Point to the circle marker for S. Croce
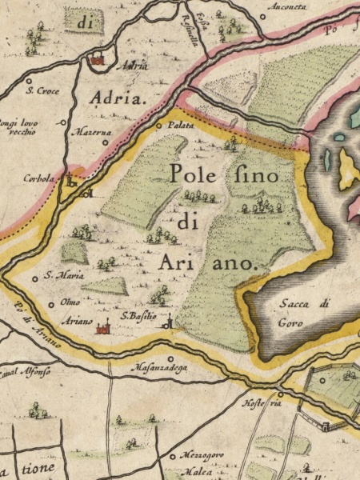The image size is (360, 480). [30, 80]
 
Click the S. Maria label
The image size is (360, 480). [60, 275]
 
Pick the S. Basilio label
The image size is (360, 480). [138, 316]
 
